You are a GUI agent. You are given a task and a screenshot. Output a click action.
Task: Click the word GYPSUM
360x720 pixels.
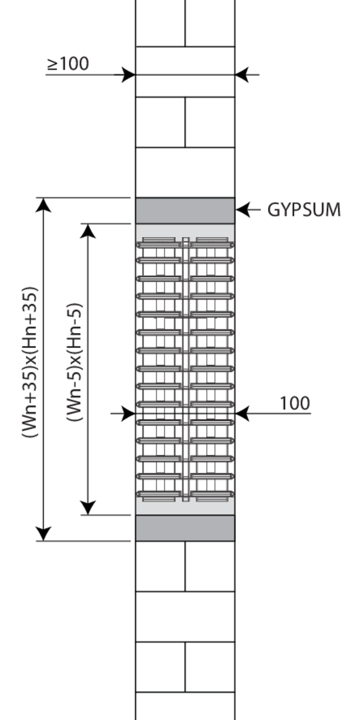point(304,210)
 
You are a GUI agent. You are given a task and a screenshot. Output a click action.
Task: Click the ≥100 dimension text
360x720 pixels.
point(68,63)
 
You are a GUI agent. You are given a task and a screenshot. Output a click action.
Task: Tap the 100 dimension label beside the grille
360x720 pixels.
point(295,403)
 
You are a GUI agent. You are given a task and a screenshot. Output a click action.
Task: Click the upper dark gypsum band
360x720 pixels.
point(185,211)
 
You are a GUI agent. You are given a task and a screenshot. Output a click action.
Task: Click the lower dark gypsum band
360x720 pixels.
point(185,528)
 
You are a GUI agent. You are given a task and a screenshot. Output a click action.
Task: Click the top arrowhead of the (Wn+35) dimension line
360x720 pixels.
point(43,205)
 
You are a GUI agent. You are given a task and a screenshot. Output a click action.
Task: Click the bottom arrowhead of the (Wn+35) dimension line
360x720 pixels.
point(43,533)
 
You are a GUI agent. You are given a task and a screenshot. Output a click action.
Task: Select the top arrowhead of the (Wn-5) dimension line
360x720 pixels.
point(88,231)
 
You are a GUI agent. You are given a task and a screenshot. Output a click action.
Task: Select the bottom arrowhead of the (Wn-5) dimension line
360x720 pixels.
point(88,508)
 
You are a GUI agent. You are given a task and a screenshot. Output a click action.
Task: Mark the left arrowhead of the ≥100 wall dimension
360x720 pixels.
point(128,75)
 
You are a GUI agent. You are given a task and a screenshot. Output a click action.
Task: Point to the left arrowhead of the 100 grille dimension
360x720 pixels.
point(128,413)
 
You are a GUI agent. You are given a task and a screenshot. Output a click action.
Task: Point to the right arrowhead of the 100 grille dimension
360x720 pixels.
point(242,413)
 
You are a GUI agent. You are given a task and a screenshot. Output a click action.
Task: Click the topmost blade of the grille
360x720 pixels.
point(185,244)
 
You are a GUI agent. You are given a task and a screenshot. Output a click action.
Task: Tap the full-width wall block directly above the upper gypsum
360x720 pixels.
point(185,172)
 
